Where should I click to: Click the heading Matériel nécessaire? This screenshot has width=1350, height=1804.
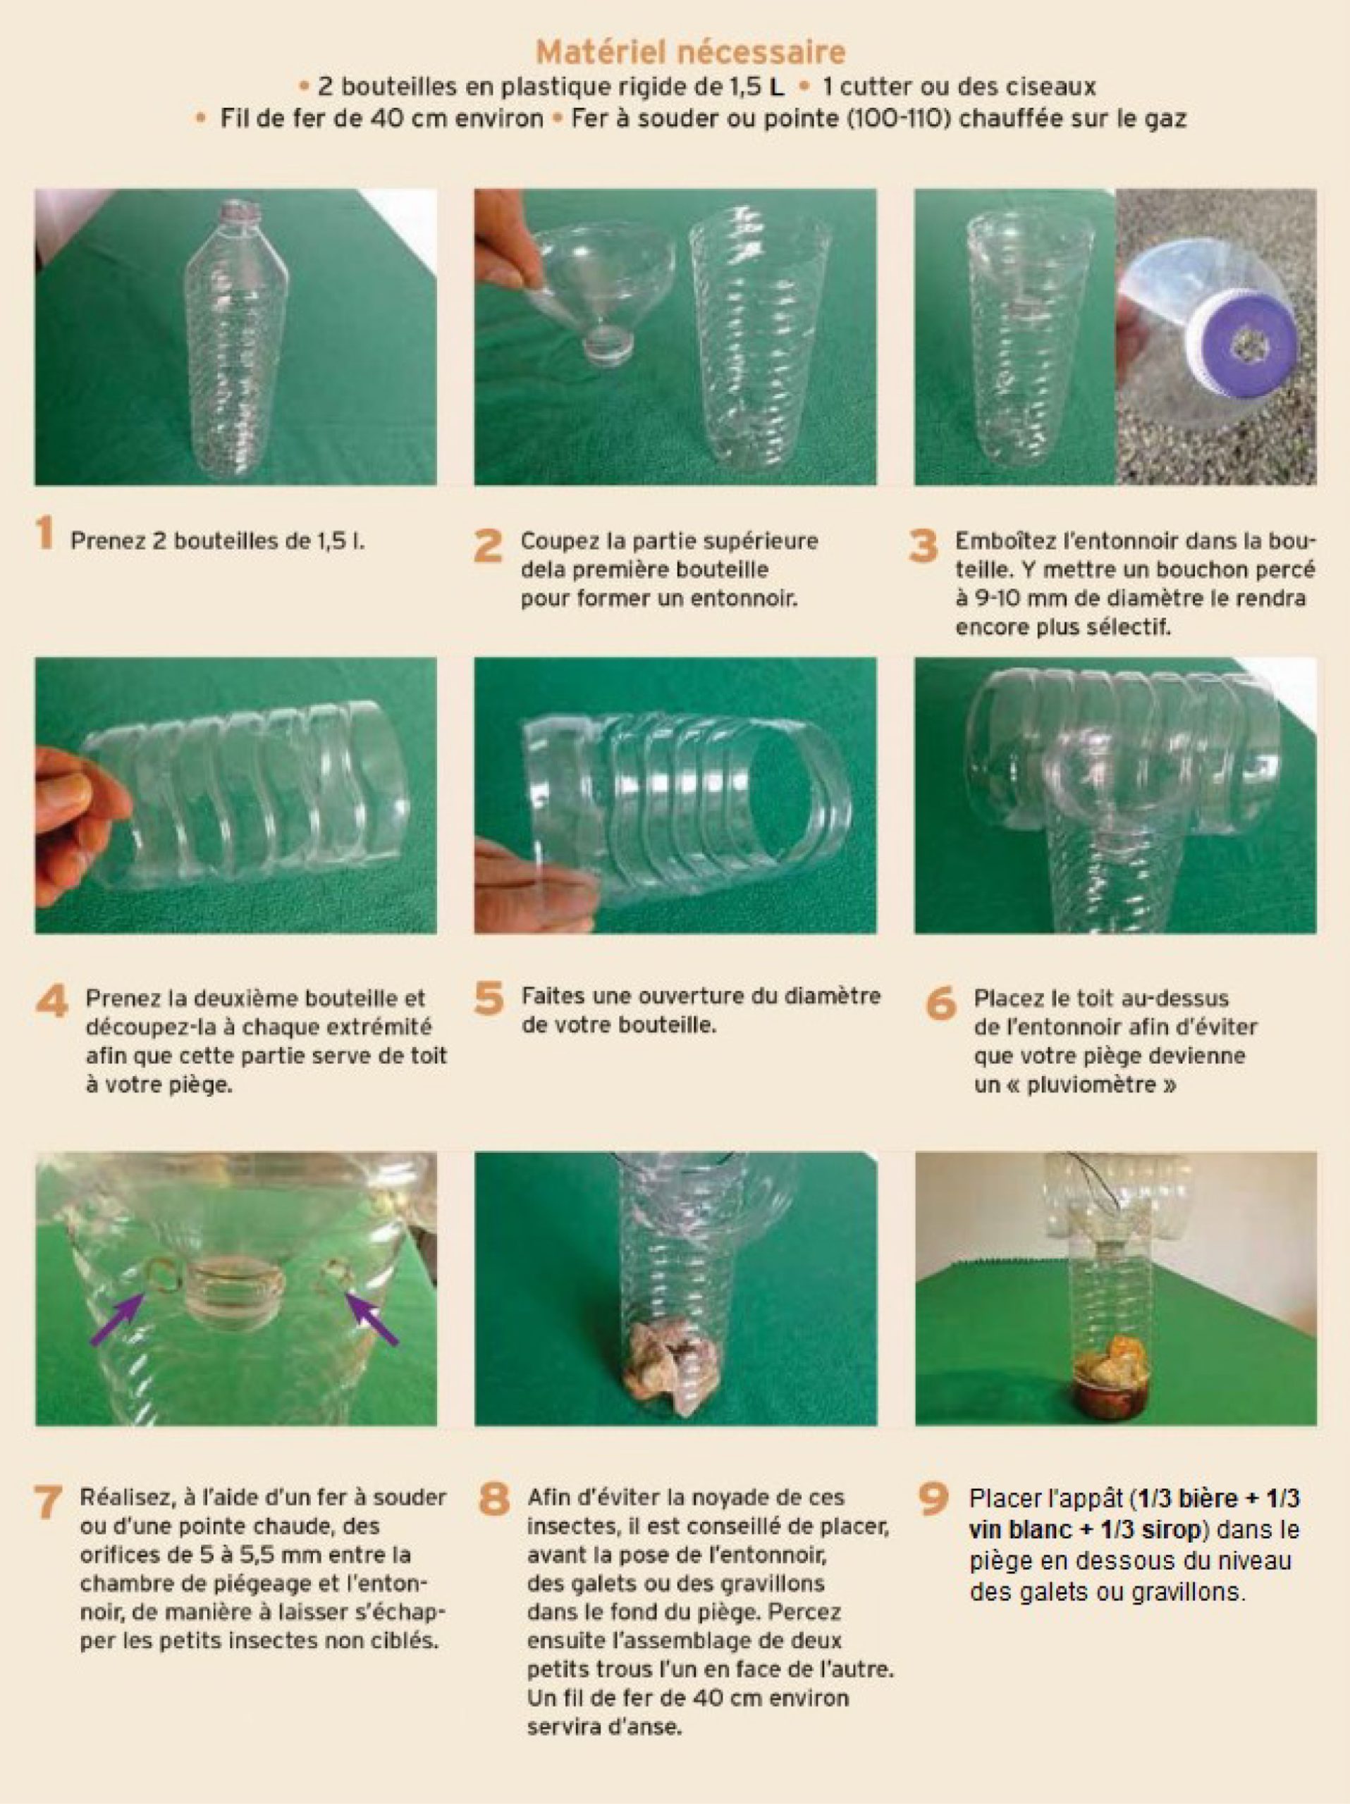click(691, 52)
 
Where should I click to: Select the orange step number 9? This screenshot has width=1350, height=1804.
click(934, 1499)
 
